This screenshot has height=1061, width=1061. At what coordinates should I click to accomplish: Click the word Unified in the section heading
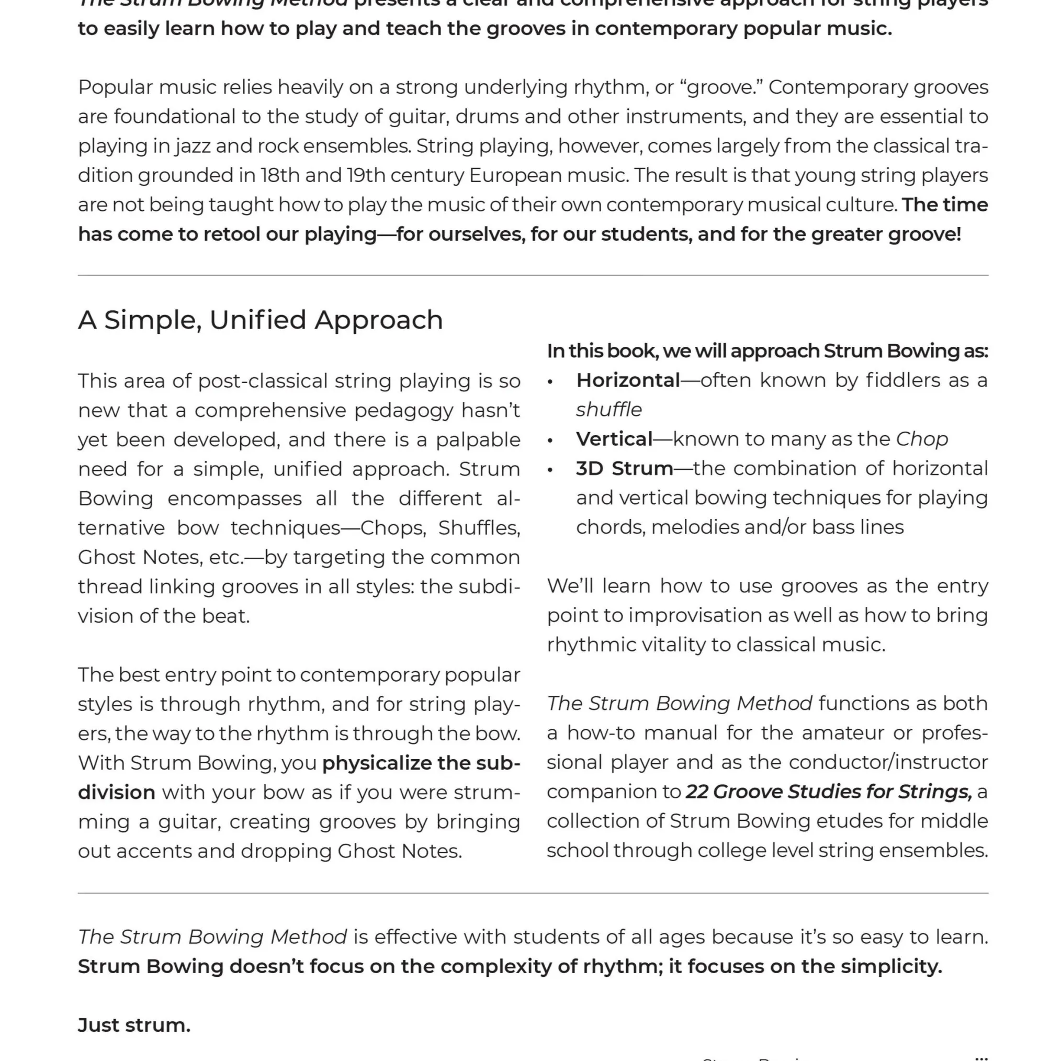257,320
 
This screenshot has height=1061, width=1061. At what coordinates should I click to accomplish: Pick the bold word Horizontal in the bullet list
628,380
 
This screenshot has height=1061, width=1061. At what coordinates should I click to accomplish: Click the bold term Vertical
614,439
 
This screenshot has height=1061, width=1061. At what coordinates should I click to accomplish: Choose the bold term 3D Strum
624,468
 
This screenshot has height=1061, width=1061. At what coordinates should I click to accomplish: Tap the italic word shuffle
608,410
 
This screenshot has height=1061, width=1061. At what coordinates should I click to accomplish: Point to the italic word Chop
921,439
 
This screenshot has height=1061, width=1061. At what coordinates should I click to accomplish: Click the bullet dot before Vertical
550,441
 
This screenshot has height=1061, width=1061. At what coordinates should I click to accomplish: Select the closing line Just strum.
134,1025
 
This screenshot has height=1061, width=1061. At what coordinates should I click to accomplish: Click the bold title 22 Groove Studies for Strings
828,792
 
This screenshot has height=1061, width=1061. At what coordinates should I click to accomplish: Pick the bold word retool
231,234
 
